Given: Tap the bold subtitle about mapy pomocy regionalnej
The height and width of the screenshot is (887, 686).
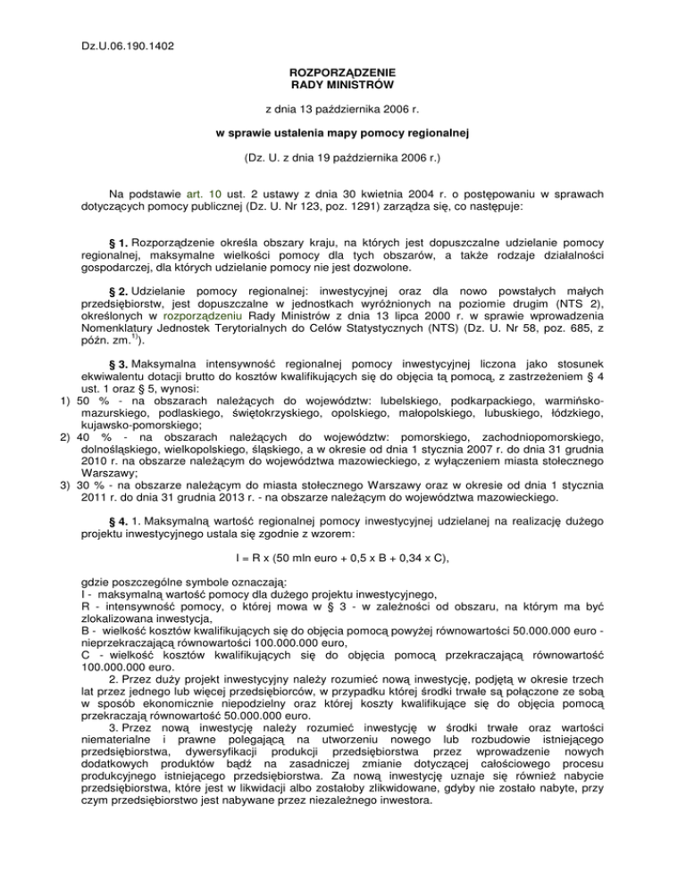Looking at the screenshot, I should (343, 134).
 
